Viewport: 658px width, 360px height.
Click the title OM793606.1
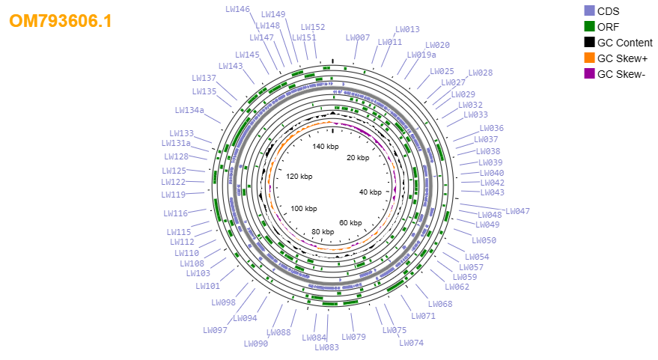point(61,21)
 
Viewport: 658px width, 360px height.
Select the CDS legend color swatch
point(589,11)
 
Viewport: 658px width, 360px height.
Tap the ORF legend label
point(608,27)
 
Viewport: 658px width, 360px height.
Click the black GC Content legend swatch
point(589,43)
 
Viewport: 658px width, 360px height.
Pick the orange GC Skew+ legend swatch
point(589,58)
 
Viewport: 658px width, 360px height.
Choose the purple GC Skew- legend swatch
point(589,74)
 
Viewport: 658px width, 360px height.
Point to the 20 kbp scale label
point(358,158)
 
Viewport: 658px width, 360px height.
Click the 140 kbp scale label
point(326,147)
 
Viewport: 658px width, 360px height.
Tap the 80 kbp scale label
point(323,231)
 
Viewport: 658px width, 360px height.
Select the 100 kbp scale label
point(304,209)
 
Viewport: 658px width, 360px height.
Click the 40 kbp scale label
point(371,192)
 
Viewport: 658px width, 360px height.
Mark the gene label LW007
point(358,37)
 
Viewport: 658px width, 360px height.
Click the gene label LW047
point(517,211)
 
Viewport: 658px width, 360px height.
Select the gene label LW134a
point(189,110)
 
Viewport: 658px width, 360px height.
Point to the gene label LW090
point(256,344)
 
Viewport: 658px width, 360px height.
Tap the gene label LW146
point(237,9)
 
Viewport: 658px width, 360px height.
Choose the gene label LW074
point(411,343)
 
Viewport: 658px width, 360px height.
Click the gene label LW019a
point(421,55)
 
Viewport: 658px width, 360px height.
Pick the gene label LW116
point(175,213)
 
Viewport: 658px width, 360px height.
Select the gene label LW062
point(457,287)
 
